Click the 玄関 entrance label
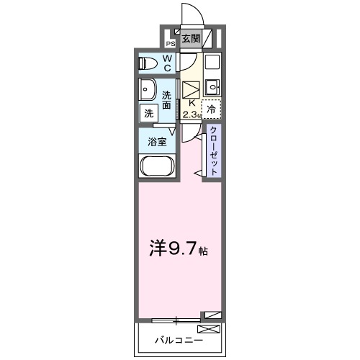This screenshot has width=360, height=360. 190,39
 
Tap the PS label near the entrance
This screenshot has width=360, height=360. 171,43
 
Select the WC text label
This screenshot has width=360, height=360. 166,63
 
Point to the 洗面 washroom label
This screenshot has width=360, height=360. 167,100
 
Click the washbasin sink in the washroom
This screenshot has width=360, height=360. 149,91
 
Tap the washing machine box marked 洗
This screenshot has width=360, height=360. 148,113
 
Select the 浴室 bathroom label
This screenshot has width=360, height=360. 158,142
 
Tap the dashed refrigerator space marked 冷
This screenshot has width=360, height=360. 211,109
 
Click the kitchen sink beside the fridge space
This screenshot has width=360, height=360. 211,88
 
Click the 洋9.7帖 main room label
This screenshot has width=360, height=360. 179,252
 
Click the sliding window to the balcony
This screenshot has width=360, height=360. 176,319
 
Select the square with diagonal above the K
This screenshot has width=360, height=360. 191,89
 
